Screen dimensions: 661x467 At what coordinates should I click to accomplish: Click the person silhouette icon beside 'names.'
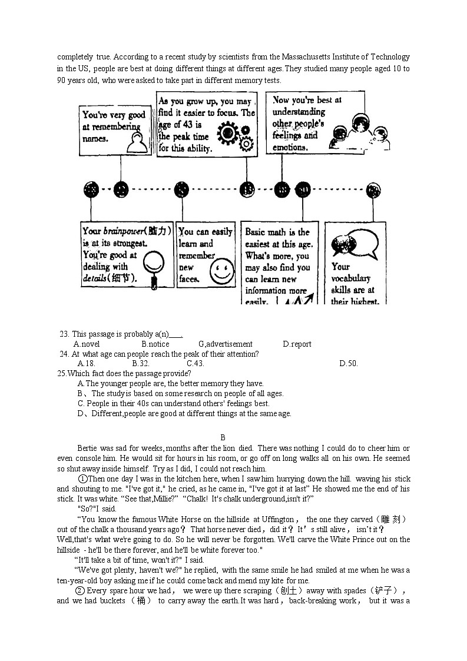pos(137,142)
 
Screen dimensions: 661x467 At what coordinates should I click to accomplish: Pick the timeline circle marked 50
pos(303,190)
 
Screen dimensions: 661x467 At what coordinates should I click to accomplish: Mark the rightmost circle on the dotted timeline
pos(373,190)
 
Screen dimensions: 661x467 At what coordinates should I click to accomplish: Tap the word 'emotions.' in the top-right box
pos(290,147)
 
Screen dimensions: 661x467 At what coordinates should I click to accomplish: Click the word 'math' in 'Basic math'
pos(282,232)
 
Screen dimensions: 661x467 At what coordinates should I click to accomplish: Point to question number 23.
pos(64,334)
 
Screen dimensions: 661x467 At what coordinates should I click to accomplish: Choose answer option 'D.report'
pos(297,344)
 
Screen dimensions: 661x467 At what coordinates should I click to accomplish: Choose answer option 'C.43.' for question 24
pos(195,363)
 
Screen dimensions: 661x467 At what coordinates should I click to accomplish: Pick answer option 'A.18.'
pos(86,363)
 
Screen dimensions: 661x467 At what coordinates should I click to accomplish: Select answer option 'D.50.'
pos(348,363)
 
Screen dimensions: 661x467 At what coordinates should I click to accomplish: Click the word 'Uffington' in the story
pos(277,519)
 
